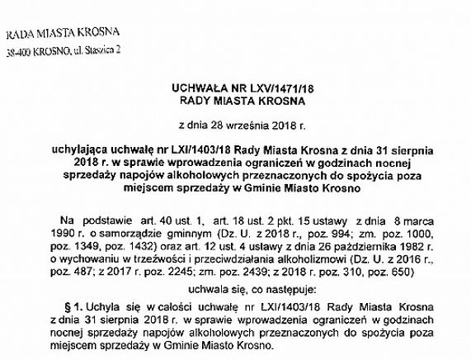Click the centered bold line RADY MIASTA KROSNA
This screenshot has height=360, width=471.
(x=236, y=100)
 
